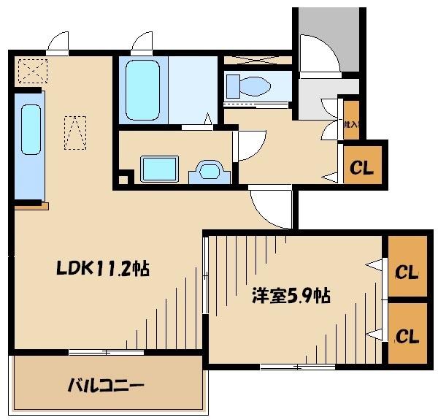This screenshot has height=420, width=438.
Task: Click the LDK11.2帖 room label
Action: click(x=102, y=270)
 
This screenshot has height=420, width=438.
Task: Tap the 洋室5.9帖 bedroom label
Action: click(x=291, y=296)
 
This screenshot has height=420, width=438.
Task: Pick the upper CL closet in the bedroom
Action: click(x=407, y=272)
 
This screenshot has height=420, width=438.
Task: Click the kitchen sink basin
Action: click(x=31, y=129)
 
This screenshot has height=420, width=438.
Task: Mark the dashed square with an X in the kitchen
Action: click(x=31, y=72)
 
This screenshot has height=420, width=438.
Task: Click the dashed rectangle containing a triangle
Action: click(x=75, y=131)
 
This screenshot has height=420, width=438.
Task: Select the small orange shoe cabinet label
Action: click(x=351, y=124)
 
